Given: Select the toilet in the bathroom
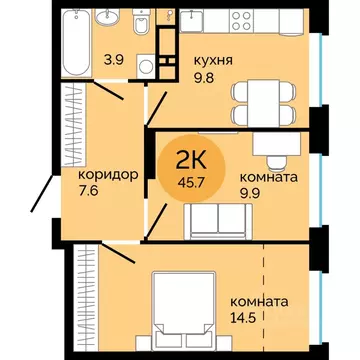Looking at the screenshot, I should point(148,23).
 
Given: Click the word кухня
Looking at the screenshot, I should point(215,60).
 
